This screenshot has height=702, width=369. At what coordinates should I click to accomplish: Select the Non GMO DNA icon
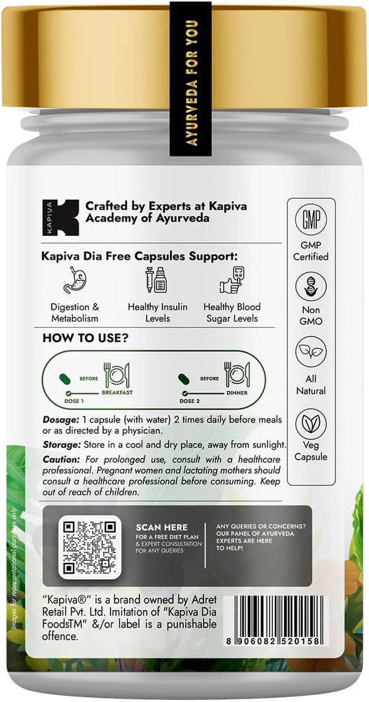coord(310,286)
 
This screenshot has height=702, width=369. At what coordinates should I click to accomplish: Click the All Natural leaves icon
coord(310,351)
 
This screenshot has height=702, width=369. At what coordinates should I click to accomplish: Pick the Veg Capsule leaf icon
coord(310,423)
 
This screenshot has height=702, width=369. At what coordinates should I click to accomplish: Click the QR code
coord(88,546)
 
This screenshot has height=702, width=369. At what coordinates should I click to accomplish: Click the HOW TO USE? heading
coord(86,338)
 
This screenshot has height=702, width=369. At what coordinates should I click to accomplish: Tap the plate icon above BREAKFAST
coord(115,376)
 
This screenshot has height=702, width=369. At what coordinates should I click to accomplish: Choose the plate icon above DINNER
coord(237,376)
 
